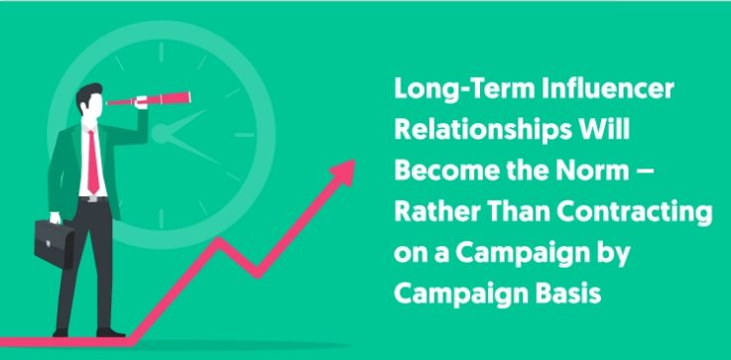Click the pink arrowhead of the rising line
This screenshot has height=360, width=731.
click(343, 172)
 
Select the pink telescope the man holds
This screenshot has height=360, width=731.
click(149, 99)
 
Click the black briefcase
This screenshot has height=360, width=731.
click(55, 243)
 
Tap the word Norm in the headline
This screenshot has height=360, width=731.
click(601, 172)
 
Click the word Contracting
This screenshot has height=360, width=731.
click(635, 213)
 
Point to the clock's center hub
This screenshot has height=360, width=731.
click(160, 134)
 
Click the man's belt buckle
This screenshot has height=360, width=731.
click(93, 199)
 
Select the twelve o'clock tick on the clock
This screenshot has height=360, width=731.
click(161, 53)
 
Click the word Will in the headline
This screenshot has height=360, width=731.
click(605, 130)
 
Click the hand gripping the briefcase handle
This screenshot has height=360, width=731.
click(56, 218)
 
